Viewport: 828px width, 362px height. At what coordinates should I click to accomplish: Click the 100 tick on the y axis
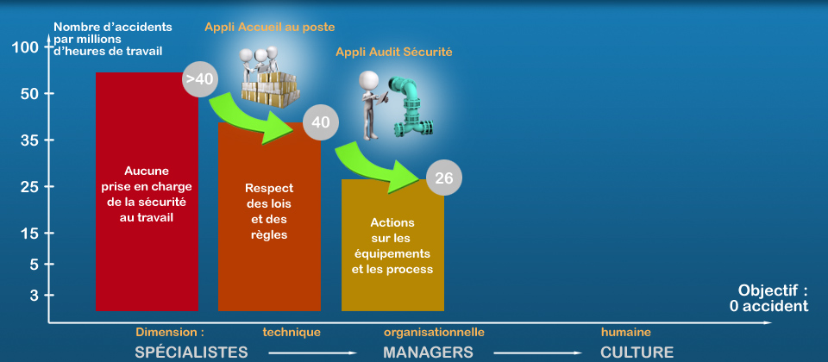tap(24, 47)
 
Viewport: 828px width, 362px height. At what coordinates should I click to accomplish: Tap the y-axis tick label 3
tap(34, 296)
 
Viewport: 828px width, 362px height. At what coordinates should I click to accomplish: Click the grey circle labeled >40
tap(199, 79)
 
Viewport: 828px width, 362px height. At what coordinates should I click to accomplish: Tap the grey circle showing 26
tap(444, 178)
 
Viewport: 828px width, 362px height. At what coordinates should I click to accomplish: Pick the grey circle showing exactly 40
tap(321, 122)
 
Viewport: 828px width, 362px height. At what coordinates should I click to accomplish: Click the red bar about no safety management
tap(147, 191)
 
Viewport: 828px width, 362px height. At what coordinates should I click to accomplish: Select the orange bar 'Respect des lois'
tap(269, 217)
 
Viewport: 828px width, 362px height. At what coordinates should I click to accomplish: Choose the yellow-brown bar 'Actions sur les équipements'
tap(393, 246)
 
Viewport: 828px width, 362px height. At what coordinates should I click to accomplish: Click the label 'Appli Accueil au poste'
tap(270, 27)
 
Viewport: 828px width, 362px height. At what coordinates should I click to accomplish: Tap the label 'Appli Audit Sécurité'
tap(394, 53)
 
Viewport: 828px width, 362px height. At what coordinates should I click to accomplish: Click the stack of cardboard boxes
tap(270, 88)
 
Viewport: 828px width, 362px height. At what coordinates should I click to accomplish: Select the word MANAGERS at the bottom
tap(428, 353)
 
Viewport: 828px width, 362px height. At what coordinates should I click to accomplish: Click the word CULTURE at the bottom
tap(637, 353)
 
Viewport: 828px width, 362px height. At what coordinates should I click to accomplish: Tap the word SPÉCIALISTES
tap(191, 353)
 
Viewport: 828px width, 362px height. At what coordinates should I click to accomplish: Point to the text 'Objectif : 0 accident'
tap(768, 297)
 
